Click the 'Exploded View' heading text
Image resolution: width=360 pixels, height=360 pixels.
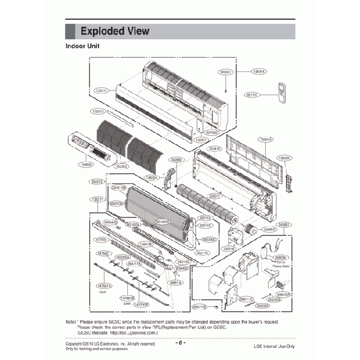pos(115,31)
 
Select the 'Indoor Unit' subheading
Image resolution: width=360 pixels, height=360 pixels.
pos(83,47)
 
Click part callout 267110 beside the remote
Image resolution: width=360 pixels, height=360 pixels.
pos(253,95)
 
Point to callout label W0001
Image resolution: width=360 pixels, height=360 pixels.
pos(225,72)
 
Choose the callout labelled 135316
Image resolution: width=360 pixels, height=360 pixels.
pos(259,71)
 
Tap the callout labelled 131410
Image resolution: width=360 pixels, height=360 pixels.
pos(214,149)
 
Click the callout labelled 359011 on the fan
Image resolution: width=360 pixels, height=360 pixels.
pos(214,196)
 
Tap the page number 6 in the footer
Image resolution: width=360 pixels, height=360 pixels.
pos(180,342)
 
